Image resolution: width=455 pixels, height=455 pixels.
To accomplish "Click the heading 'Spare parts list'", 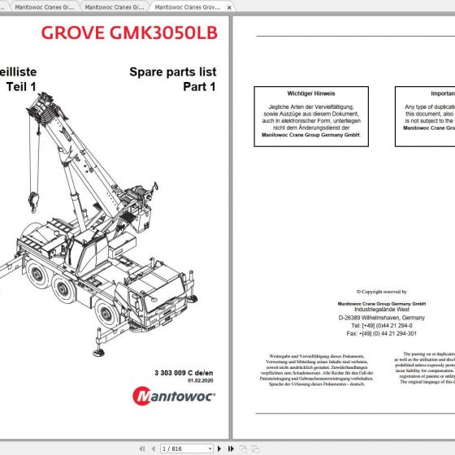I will coord(172,72).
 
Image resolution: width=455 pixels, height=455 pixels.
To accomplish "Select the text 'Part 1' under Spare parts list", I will coord(199,87).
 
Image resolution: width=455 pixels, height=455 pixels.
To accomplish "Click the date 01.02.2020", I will coord(200,380).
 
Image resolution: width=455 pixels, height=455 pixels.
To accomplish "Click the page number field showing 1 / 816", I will coord(177,448).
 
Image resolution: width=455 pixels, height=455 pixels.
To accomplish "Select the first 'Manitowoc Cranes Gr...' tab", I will coord(41,6).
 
